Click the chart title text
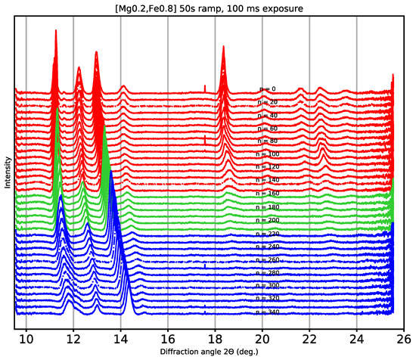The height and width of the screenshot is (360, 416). pyautogui.click(x=208, y=6)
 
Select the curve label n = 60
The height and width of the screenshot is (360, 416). pyautogui.click(x=269, y=129)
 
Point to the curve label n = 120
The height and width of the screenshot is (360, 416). pyautogui.click(x=270, y=167)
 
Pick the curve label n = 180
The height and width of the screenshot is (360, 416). pyautogui.click(x=270, y=206)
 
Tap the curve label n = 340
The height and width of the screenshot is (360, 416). pyautogui.click(x=270, y=311)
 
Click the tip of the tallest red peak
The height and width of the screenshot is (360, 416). pyautogui.click(x=56, y=30)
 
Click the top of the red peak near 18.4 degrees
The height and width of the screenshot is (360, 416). pyautogui.click(x=223, y=47)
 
